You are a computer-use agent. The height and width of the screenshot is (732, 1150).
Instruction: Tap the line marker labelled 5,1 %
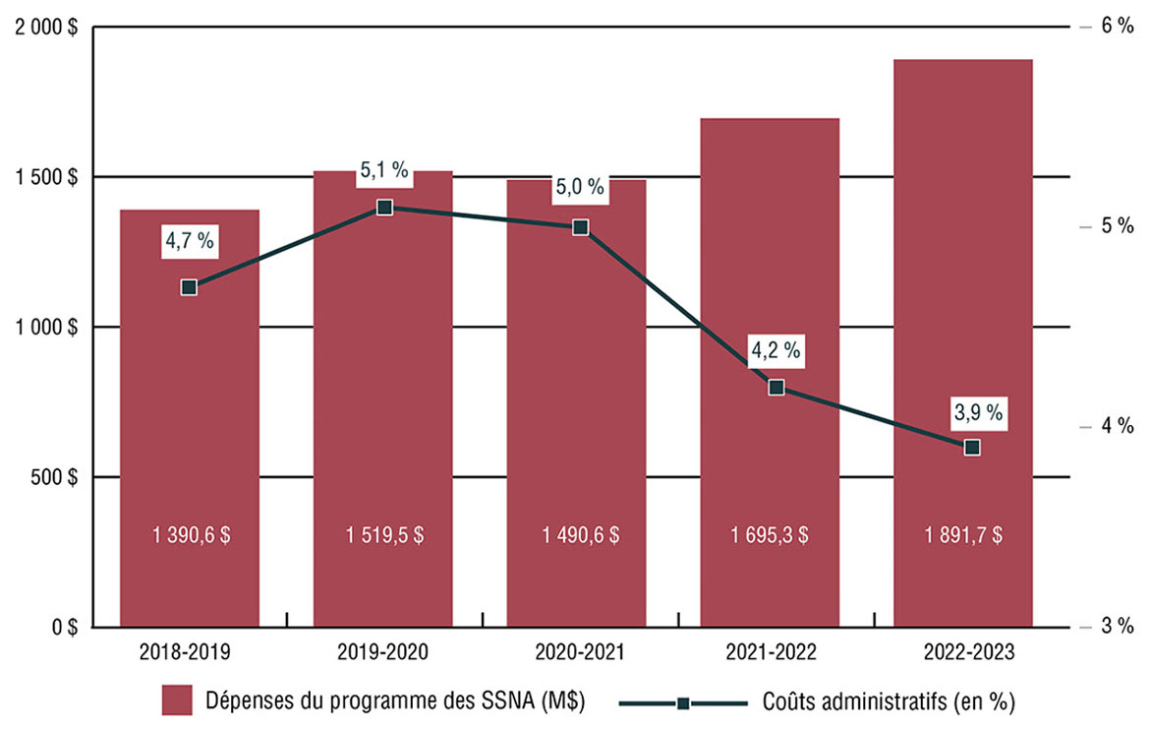click(x=384, y=208)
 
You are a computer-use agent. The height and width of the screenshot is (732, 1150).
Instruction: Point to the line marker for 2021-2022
click(x=776, y=388)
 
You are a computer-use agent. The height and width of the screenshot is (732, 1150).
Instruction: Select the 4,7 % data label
click(x=190, y=240)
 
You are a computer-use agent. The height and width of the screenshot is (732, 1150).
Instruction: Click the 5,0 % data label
click(x=580, y=187)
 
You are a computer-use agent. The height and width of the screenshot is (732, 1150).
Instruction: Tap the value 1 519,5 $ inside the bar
click(x=384, y=536)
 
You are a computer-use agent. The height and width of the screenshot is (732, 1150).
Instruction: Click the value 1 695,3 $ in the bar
click(x=770, y=536)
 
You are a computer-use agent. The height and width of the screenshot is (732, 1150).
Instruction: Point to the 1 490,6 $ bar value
click(x=580, y=536)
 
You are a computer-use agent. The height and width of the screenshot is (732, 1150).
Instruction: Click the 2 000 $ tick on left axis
click(x=47, y=28)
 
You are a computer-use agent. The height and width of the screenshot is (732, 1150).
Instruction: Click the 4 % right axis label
click(x=1118, y=426)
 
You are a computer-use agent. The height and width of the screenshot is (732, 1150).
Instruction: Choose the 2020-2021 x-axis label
click(x=580, y=651)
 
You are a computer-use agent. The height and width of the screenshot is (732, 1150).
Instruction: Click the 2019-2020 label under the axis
click(x=384, y=651)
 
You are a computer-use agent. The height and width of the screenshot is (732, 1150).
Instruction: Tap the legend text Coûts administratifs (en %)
click(x=889, y=702)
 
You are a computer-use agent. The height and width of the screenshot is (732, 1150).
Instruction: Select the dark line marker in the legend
click(x=683, y=703)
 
